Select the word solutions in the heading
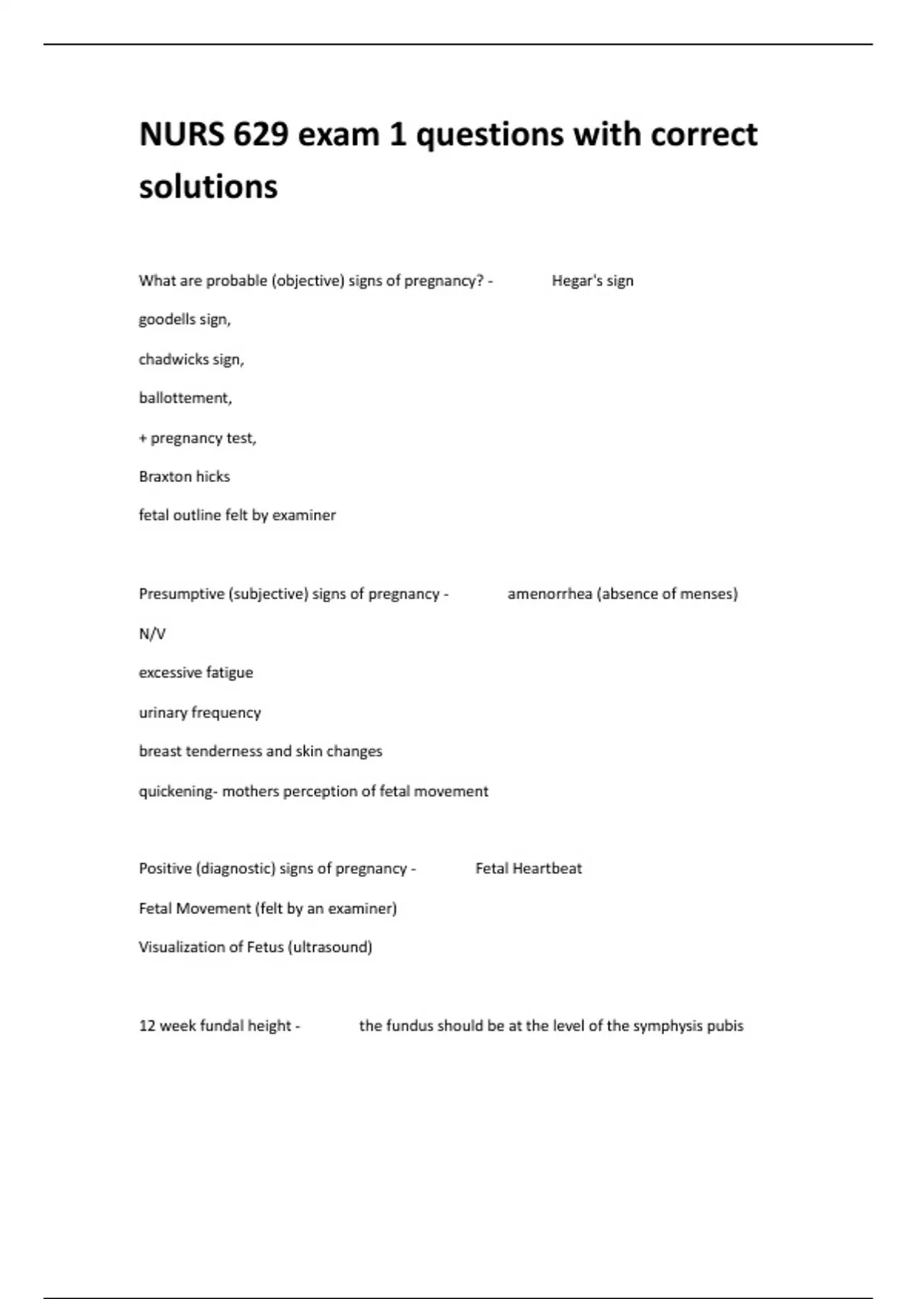pyautogui.click(x=208, y=186)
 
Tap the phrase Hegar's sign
pyautogui.click(x=592, y=280)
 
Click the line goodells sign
pyautogui.click(x=184, y=319)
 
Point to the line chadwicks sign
pyautogui.click(x=191, y=359)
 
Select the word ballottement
pyautogui.click(x=185, y=398)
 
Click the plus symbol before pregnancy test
pyautogui.click(x=143, y=439)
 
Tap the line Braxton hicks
pyautogui.click(x=184, y=477)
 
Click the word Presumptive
pyautogui.click(x=181, y=594)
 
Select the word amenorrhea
pyautogui.click(x=549, y=594)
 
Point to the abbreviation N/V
pyautogui.click(x=152, y=633)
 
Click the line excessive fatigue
pyautogui.click(x=196, y=672)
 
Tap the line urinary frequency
pyautogui.click(x=199, y=712)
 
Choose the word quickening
pyautogui.click(x=176, y=792)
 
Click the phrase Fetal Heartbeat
pyautogui.click(x=528, y=869)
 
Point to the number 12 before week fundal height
pyautogui.click(x=147, y=1025)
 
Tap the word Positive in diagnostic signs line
pyautogui.click(x=165, y=869)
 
